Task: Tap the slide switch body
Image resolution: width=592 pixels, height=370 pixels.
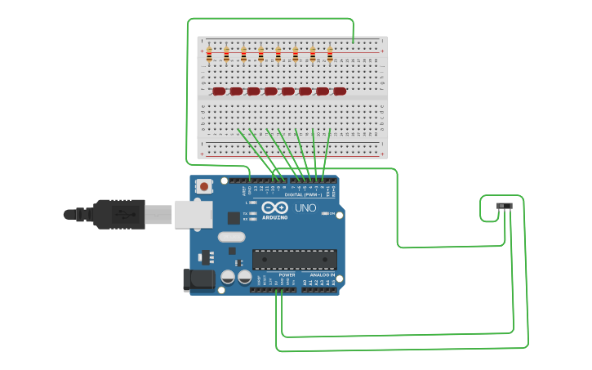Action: (x=505, y=206)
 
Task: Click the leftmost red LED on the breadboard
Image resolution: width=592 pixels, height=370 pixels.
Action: (x=218, y=91)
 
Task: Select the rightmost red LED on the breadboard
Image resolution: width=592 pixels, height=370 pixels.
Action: (x=339, y=91)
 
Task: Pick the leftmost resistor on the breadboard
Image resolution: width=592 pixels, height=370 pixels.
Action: (x=209, y=55)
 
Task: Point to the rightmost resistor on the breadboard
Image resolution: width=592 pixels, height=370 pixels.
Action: (x=330, y=55)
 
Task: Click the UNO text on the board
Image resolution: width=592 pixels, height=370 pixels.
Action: (x=305, y=208)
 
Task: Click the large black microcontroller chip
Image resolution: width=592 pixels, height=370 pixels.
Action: (x=294, y=260)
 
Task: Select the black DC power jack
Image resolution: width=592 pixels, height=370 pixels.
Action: (x=198, y=279)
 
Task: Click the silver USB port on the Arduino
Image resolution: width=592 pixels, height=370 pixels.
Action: (x=193, y=214)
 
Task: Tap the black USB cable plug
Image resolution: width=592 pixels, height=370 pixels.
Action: (x=118, y=214)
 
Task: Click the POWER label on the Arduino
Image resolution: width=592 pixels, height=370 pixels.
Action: (x=287, y=275)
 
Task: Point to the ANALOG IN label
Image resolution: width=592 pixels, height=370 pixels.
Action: (x=322, y=275)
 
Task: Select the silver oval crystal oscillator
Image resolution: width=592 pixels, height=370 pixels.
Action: (x=231, y=238)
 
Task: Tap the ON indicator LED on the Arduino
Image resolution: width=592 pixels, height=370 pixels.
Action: (x=326, y=213)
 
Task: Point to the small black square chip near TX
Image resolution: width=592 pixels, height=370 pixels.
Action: (x=234, y=217)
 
